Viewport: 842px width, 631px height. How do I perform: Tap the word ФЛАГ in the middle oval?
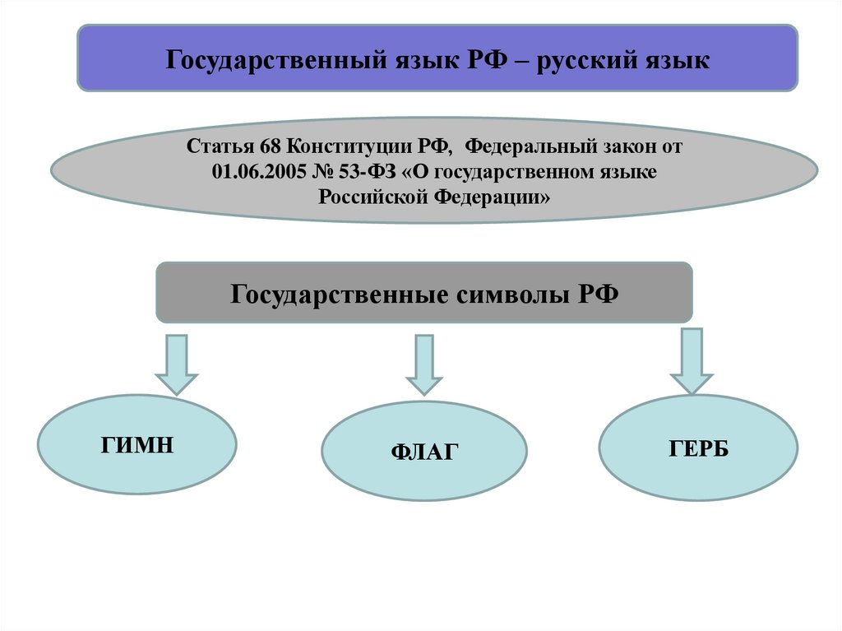[423, 452]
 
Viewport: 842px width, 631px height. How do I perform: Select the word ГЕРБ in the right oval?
[698, 448]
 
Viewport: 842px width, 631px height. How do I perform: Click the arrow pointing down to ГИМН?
[177, 364]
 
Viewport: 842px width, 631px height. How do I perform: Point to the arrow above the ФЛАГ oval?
[424, 364]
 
